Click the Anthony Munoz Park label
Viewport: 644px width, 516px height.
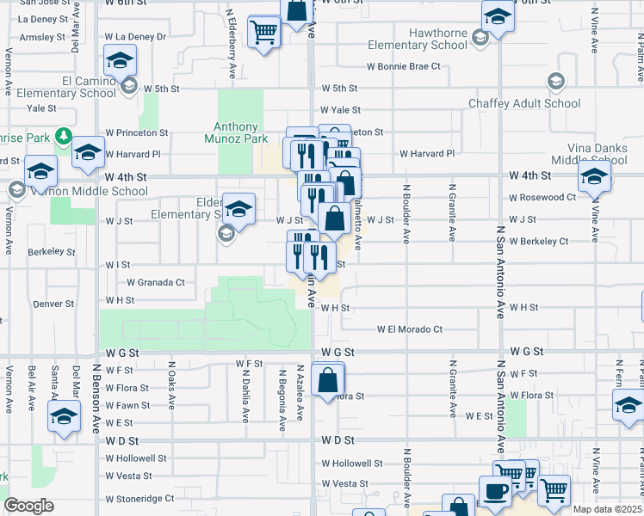tap(237, 131)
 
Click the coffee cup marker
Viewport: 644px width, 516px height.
tap(494, 493)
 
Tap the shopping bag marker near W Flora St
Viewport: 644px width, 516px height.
tap(328, 379)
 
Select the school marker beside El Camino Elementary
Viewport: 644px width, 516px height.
tap(120, 61)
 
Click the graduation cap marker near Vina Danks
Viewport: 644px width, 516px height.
tap(593, 178)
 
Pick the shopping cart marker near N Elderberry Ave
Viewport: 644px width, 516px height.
tap(263, 33)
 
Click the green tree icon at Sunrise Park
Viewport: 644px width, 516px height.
tap(63, 136)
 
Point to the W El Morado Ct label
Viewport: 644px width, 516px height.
tap(409, 329)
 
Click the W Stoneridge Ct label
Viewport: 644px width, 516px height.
tap(139, 498)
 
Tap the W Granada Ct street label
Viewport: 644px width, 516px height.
tap(156, 282)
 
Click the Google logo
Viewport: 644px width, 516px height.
tap(28, 507)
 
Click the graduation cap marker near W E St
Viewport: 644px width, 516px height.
tap(64, 418)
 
